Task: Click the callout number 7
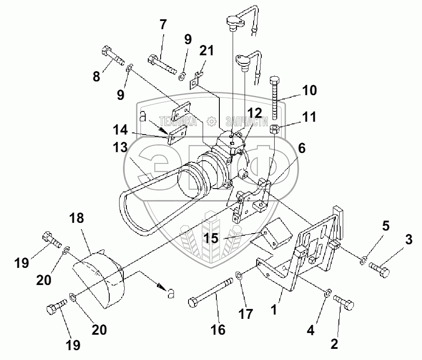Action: tap(163, 24)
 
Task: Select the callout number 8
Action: tap(96, 76)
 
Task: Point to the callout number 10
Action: tap(309, 90)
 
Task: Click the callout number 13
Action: tap(120, 147)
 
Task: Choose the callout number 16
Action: tap(218, 330)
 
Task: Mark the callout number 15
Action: tap(211, 238)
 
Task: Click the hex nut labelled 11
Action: tap(274, 129)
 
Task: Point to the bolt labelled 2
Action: tap(344, 303)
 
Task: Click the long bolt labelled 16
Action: tap(210, 292)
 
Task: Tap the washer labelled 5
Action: tap(363, 260)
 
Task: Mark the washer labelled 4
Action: tap(328, 293)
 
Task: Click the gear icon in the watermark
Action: tap(212, 121)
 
